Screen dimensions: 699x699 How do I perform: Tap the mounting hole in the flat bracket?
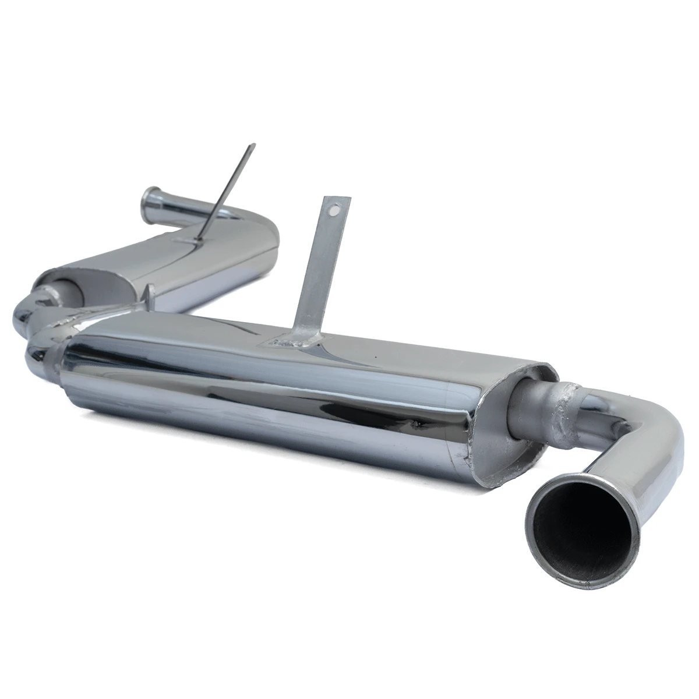[x=334, y=206]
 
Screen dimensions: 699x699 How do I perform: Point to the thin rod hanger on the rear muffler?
[x=227, y=192]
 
